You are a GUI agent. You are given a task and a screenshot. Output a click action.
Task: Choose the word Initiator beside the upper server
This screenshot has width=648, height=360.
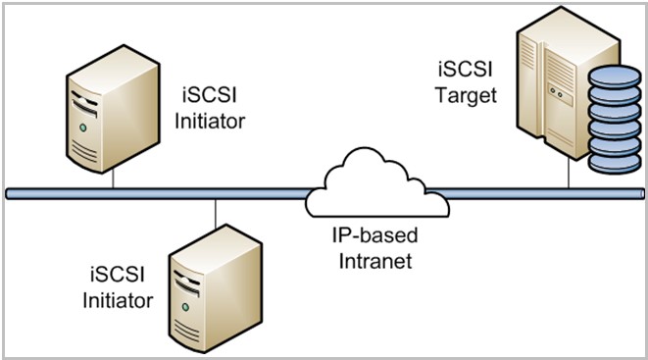[x=215, y=121]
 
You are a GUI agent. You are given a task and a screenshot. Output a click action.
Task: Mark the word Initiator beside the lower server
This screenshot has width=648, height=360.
[x=118, y=300]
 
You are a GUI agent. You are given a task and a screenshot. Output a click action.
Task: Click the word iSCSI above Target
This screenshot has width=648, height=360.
[x=464, y=72]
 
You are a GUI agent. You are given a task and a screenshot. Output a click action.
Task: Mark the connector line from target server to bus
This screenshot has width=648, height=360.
[x=569, y=172]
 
